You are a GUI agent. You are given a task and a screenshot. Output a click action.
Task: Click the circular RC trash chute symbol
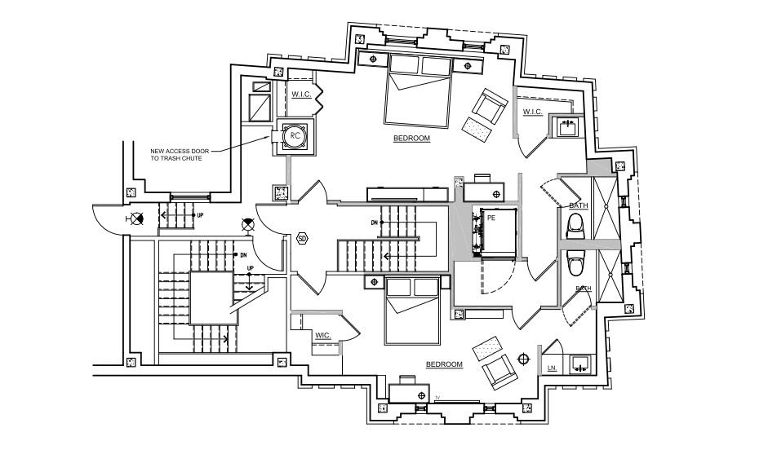(295, 136)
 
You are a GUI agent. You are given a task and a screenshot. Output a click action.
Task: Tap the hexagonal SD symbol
(302, 239)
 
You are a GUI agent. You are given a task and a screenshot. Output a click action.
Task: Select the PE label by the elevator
(491, 218)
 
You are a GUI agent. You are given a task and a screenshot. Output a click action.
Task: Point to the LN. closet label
(552, 368)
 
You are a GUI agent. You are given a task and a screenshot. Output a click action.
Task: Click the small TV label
(437, 398)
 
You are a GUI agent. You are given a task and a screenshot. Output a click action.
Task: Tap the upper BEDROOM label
(411, 139)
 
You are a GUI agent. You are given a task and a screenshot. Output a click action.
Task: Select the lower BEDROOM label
(444, 364)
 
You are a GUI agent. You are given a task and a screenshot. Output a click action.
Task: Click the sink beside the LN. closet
(581, 363)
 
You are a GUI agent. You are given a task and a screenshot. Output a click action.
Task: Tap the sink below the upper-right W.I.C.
(567, 127)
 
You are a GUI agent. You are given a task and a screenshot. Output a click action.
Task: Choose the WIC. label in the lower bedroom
(323, 335)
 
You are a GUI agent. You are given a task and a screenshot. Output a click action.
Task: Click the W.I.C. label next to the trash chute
(302, 95)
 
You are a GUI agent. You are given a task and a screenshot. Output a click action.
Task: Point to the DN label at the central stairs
(375, 222)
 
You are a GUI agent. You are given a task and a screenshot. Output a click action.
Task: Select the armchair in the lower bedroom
(499, 373)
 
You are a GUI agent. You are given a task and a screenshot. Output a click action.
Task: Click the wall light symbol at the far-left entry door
(136, 218)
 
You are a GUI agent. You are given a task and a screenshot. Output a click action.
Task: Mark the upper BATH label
(579, 205)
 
